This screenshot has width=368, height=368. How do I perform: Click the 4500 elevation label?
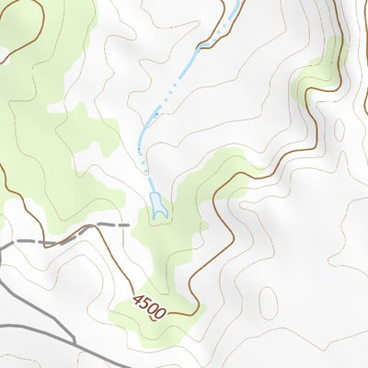pos(149,306)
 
